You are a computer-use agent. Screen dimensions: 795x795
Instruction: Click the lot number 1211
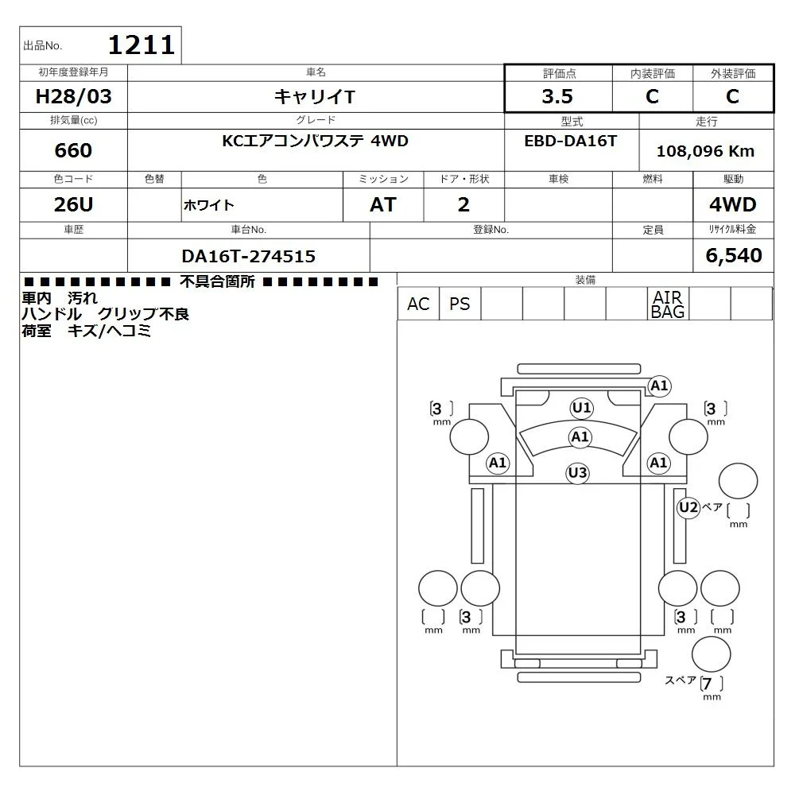(x=142, y=45)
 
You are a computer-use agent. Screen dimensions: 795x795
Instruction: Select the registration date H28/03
(x=73, y=96)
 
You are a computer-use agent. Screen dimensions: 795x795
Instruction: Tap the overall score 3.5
(x=557, y=96)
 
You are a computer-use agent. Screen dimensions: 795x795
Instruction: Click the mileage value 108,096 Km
(x=705, y=151)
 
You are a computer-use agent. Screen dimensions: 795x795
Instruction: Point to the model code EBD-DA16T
(x=570, y=141)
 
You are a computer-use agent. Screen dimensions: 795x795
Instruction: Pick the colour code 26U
(x=73, y=204)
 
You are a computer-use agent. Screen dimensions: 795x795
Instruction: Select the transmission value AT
(x=383, y=204)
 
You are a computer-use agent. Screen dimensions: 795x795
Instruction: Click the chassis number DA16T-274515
(x=248, y=256)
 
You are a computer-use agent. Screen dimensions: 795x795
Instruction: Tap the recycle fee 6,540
(x=734, y=255)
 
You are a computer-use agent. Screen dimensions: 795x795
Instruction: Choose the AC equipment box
(x=418, y=304)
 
